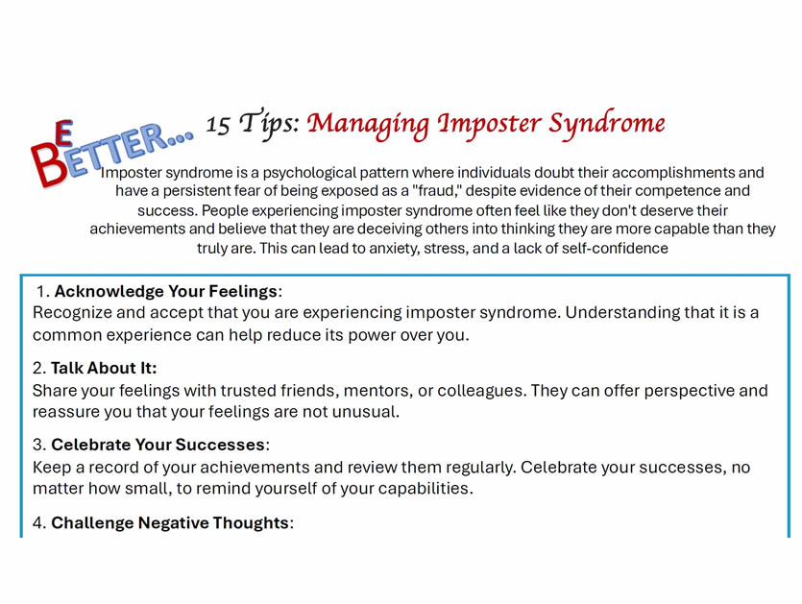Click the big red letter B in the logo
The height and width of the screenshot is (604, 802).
(48, 164)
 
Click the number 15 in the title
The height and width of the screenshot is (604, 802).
(218, 124)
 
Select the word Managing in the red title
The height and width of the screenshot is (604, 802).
(368, 125)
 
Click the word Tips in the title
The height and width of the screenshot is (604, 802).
(269, 124)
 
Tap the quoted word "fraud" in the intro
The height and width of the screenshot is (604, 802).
(434, 191)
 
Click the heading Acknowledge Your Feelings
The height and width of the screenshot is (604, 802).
(166, 291)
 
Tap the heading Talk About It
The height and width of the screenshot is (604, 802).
(104, 368)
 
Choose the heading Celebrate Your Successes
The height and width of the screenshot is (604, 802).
(158, 445)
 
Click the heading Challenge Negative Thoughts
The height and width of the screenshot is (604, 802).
(170, 522)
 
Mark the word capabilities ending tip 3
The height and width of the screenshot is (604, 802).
(425, 489)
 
